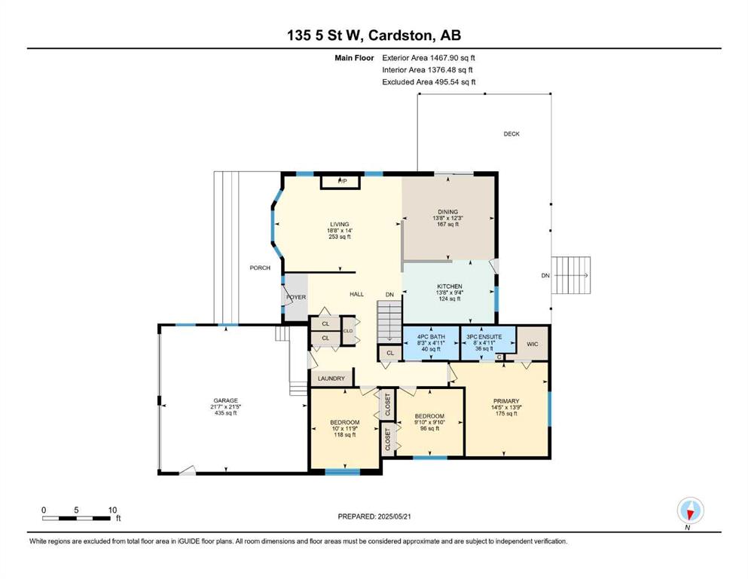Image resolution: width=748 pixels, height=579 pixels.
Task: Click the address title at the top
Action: click(x=374, y=35)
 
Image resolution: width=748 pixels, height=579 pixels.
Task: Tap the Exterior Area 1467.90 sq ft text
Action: click(x=429, y=58)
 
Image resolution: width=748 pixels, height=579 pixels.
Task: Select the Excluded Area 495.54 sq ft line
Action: click(x=429, y=81)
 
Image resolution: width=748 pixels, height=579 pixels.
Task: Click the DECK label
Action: click(x=511, y=134)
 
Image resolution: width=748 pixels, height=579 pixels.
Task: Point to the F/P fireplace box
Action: click(x=342, y=182)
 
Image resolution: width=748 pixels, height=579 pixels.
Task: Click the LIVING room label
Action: click(x=340, y=225)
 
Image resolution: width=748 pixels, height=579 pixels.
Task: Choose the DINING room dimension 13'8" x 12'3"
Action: click(x=448, y=218)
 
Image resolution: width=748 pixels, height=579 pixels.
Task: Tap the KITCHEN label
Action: click(x=450, y=286)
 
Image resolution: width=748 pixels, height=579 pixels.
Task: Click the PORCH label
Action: click(x=260, y=268)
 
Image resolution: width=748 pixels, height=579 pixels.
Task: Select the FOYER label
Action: click(x=296, y=297)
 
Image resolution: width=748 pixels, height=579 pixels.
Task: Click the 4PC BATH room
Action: click(x=431, y=343)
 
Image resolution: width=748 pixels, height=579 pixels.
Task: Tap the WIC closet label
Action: click(x=533, y=344)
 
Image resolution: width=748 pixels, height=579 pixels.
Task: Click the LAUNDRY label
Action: click(x=331, y=378)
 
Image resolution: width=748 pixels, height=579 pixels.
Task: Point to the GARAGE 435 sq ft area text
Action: click(x=226, y=413)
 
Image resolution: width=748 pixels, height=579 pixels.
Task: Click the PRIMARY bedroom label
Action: click(x=506, y=401)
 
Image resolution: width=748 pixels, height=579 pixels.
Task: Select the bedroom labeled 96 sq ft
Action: click(x=430, y=422)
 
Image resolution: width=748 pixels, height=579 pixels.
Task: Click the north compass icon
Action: click(x=690, y=511)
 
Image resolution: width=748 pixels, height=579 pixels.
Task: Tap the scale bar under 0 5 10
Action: click(x=77, y=518)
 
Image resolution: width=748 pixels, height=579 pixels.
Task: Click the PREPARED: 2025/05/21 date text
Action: click(x=374, y=516)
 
